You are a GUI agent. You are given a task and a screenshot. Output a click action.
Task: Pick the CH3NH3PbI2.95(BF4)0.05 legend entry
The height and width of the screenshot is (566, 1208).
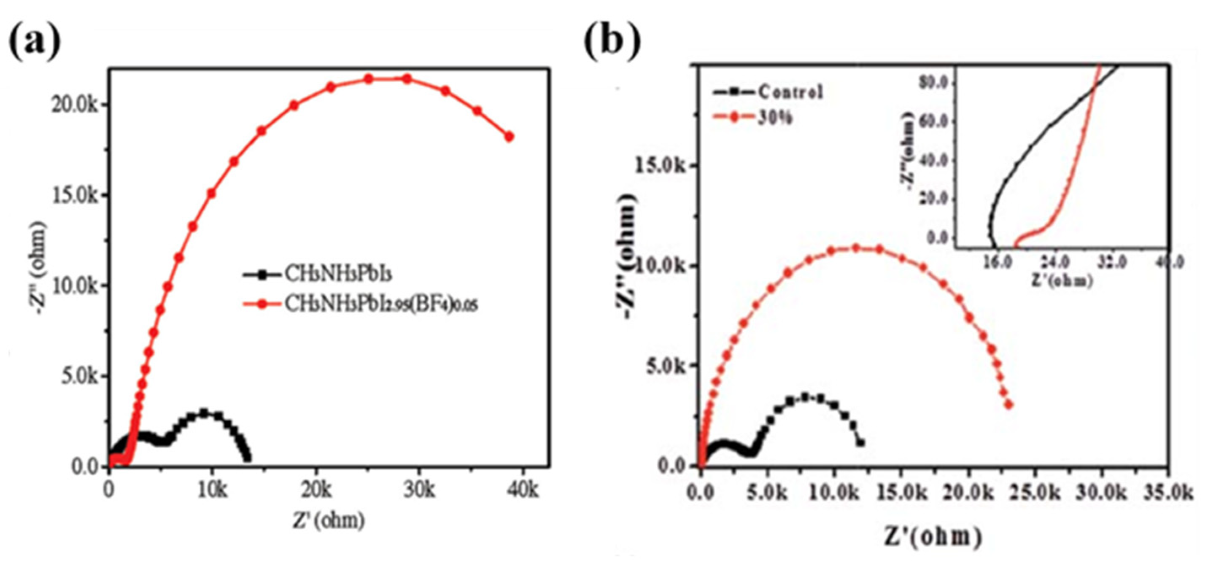click(x=381, y=305)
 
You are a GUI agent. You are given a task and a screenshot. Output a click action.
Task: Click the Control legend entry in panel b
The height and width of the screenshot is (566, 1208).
click(x=790, y=92)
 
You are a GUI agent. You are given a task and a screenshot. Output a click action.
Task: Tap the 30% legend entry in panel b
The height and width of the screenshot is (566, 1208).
click(x=775, y=118)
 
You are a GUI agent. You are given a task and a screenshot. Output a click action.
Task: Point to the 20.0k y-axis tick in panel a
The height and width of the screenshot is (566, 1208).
click(x=75, y=105)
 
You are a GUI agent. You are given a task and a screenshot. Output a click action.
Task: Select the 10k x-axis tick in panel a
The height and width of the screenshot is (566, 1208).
click(x=212, y=491)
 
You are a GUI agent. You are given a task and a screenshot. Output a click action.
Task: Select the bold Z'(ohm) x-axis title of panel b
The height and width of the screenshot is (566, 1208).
click(x=933, y=537)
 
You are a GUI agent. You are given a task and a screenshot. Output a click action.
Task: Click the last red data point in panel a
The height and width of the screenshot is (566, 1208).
click(x=509, y=137)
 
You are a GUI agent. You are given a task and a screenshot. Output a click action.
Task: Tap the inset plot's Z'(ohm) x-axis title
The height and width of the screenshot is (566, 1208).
click(x=1062, y=281)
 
